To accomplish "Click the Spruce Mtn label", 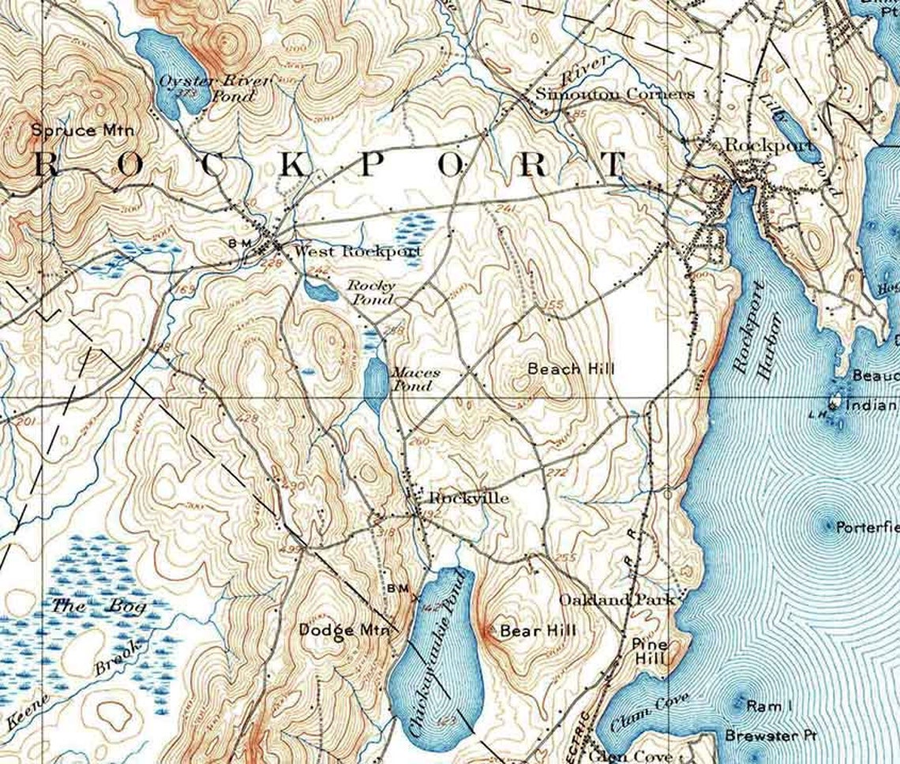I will point(83,130).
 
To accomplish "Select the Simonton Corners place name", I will point(615,94).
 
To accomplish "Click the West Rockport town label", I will point(358,252).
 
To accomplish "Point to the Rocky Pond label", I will point(371,293).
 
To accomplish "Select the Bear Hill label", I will point(539,630).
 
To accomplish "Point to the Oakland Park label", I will point(617,601).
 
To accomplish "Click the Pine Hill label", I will point(650,651).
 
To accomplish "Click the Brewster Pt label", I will point(771,735).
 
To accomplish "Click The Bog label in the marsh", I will point(88,607).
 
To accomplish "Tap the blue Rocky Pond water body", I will point(320,292).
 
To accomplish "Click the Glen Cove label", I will point(631,756).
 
